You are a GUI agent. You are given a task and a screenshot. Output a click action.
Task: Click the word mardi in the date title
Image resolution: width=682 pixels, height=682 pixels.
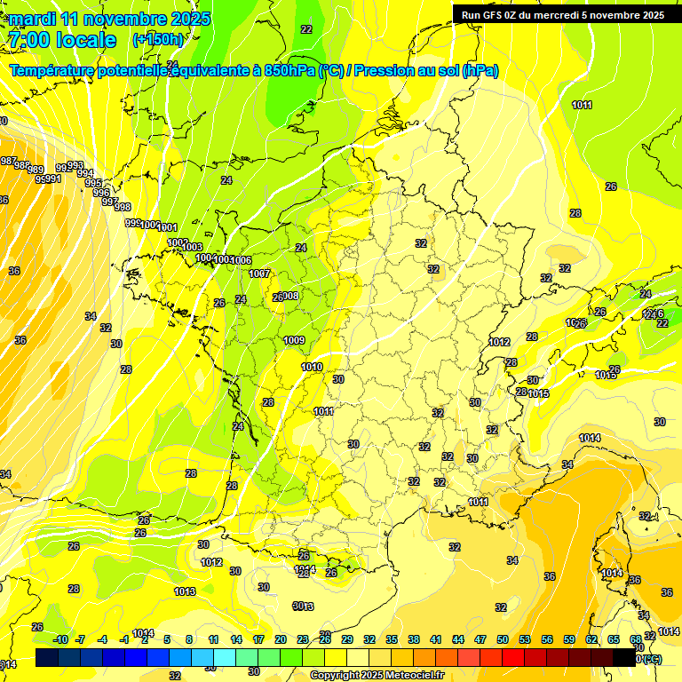click(32, 19)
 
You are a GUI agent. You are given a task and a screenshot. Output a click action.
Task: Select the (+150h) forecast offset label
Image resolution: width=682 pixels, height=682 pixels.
click(158, 40)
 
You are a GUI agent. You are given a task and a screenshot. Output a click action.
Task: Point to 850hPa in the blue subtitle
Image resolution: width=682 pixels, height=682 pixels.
click(289, 71)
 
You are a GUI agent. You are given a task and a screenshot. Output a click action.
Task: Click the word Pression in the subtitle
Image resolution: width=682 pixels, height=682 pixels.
click(385, 71)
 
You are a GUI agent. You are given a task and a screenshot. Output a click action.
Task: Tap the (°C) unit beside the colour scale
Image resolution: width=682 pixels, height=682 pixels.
click(650, 659)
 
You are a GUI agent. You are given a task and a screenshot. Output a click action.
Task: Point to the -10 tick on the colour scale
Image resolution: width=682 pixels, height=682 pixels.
click(59, 639)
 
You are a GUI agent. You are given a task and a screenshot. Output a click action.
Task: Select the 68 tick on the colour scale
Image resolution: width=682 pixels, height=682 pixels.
click(636, 639)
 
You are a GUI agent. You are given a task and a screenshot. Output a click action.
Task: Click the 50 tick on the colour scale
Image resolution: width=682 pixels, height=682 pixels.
click(503, 639)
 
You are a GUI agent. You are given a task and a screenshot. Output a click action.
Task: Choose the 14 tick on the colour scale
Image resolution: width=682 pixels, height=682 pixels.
click(236, 639)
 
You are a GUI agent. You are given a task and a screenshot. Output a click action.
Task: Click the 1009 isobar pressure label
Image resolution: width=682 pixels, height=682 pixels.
click(295, 341)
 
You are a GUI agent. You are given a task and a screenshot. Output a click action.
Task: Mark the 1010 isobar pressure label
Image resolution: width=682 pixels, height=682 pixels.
click(312, 367)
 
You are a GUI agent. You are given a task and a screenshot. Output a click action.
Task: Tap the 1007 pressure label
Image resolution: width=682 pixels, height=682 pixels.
click(259, 274)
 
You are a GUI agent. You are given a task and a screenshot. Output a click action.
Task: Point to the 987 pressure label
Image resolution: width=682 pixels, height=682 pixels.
click(8, 161)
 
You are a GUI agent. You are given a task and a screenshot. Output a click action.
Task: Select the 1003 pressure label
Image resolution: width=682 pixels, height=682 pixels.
click(193, 247)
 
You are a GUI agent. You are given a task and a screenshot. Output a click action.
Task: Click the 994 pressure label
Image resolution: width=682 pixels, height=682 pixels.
click(84, 174)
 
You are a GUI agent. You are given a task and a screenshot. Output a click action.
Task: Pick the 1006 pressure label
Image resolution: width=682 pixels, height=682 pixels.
click(242, 259)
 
